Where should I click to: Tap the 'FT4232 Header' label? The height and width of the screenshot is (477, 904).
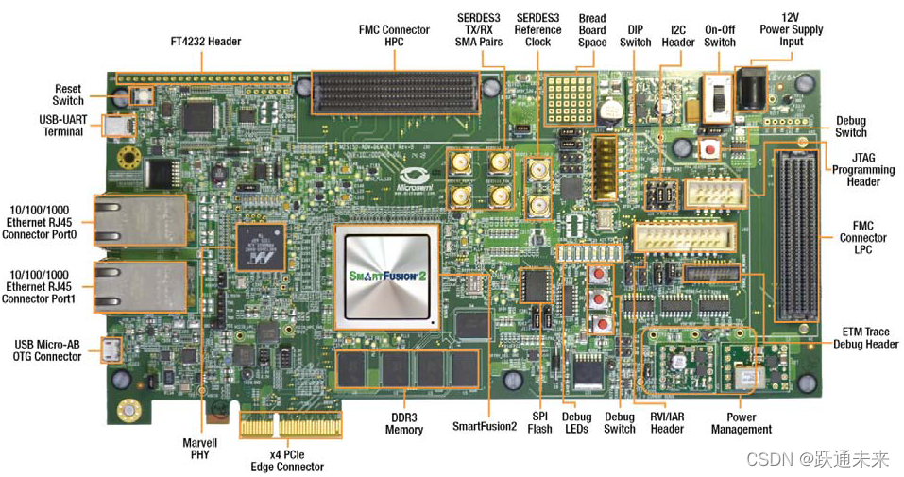tap(206, 42)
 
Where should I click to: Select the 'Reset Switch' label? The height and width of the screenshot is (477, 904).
tap(68, 94)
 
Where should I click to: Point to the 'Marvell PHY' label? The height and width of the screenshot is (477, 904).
tap(200, 448)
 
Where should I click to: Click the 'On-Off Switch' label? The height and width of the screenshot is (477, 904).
tap(720, 35)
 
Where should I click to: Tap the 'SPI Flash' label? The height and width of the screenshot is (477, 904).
tap(540, 422)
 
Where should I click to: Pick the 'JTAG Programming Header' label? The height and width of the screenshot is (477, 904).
tap(863, 170)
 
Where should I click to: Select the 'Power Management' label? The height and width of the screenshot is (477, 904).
tap(742, 423)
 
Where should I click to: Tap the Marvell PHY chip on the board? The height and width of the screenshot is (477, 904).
tap(261, 247)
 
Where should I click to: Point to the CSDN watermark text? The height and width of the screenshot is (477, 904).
tap(817, 459)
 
